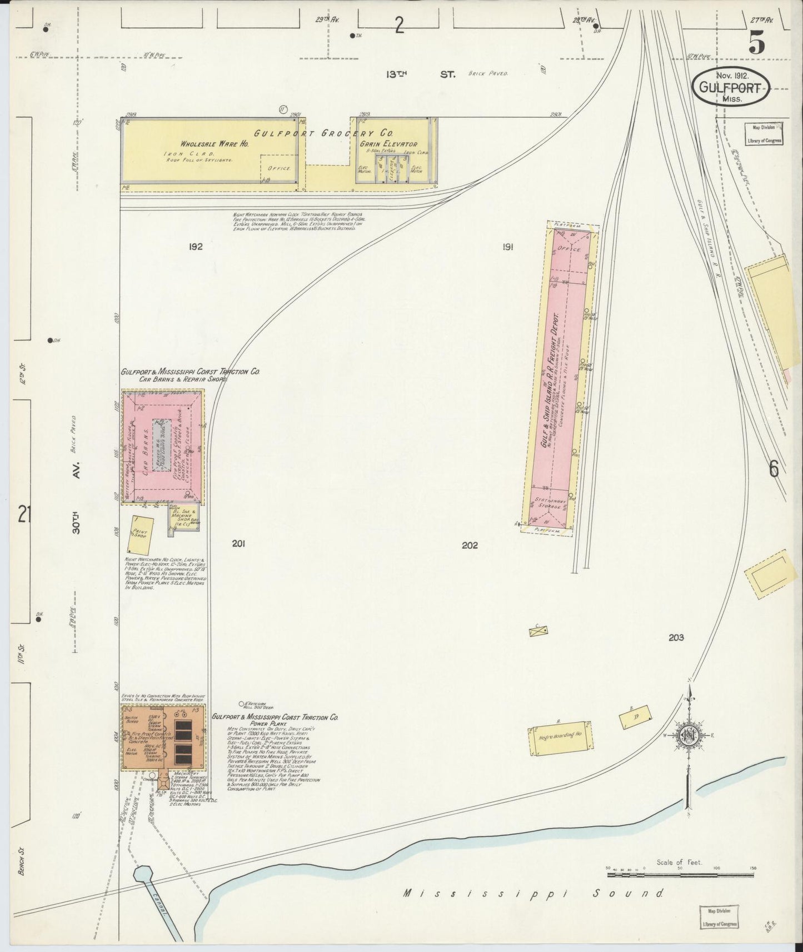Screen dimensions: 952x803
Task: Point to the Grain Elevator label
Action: (391, 144)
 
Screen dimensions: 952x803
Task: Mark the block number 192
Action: (195, 247)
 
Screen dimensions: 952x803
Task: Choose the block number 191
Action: (507, 248)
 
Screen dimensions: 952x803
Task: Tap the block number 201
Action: (239, 544)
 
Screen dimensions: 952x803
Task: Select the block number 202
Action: (470, 545)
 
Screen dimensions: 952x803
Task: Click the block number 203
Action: (676, 638)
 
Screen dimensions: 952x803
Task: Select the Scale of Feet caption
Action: (679, 863)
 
